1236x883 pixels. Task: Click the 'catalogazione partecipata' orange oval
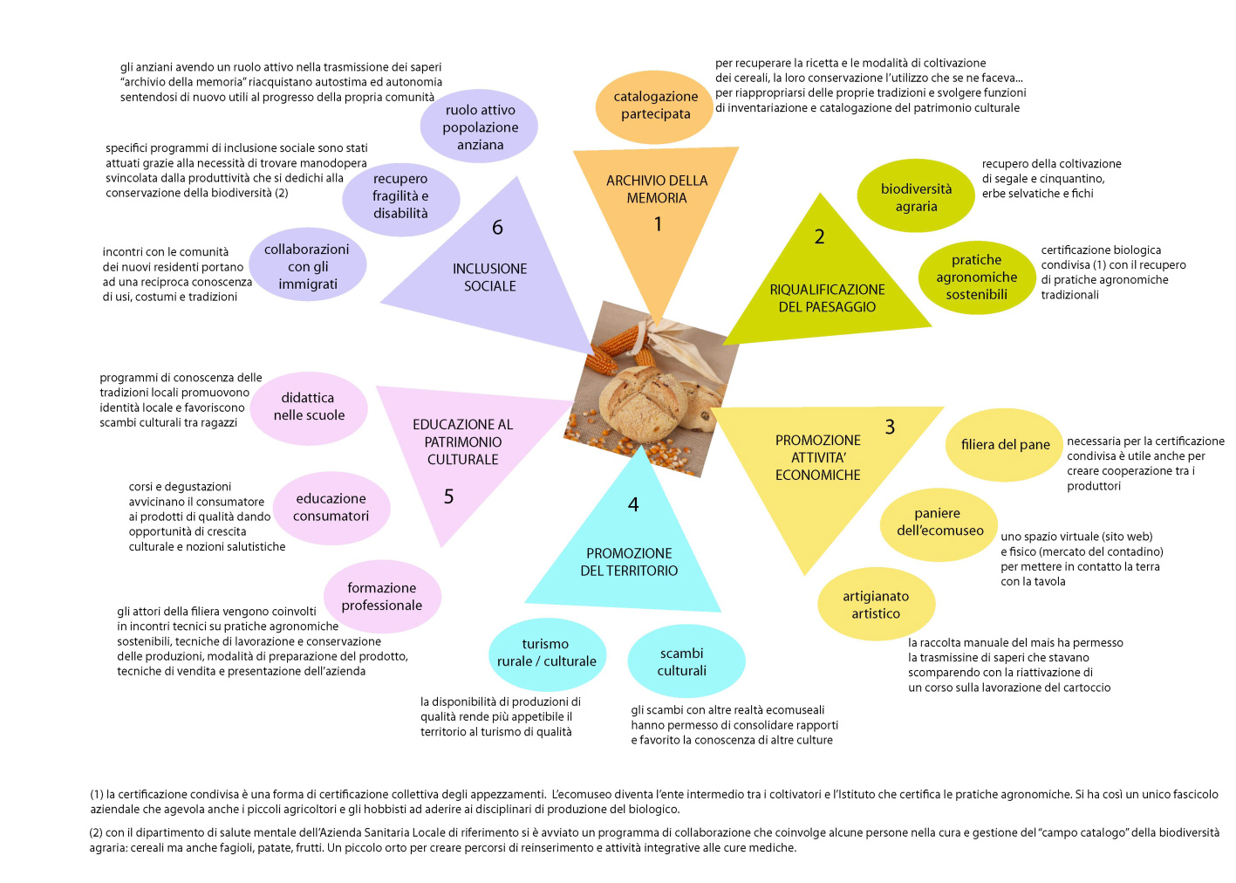click(x=655, y=106)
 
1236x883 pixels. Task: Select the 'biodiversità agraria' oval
click(x=916, y=196)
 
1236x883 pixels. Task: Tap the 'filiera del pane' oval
click(x=1005, y=445)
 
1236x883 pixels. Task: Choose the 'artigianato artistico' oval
click(x=877, y=605)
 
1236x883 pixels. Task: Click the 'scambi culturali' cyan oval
click(x=686, y=661)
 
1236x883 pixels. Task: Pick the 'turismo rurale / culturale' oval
click(x=548, y=654)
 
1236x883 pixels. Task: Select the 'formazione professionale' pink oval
click(x=382, y=597)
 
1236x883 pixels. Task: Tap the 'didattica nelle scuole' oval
click(x=309, y=408)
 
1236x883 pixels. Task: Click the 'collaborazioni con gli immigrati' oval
click(x=307, y=264)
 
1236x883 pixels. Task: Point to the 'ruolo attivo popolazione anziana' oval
click(x=479, y=127)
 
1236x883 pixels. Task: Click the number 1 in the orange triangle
click(x=658, y=224)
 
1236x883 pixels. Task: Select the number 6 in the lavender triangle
click(x=497, y=228)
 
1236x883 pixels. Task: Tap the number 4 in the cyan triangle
click(x=633, y=504)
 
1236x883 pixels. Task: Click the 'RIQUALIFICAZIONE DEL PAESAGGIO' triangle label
click(x=827, y=298)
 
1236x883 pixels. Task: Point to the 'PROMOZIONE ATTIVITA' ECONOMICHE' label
click(x=817, y=457)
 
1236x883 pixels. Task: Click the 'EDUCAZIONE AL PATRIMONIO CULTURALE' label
click(x=462, y=442)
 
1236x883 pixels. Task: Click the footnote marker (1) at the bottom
click(x=97, y=794)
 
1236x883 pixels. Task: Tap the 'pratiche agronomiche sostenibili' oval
click(x=977, y=277)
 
